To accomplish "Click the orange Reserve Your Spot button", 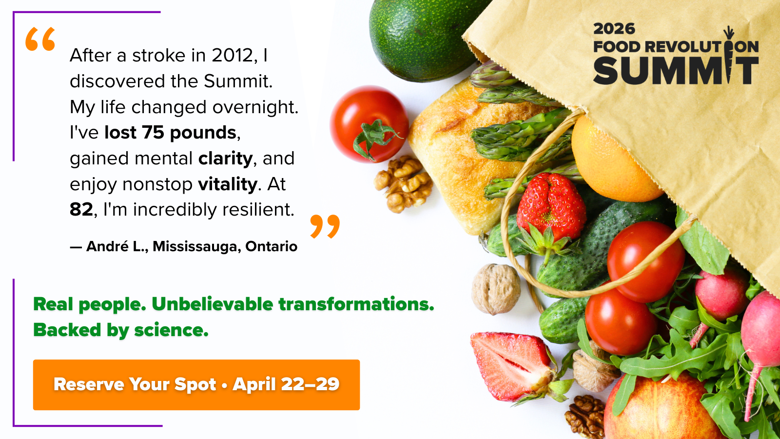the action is pyautogui.click(x=196, y=385).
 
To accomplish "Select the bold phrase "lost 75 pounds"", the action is pyautogui.click(x=170, y=133).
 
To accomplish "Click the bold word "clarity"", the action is pyautogui.click(x=225, y=159).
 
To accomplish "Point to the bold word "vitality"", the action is pyautogui.click(x=228, y=184).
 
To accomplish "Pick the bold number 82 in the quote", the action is pyautogui.click(x=81, y=210).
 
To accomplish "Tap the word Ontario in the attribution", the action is pyautogui.click(x=271, y=246).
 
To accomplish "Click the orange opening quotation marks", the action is pyautogui.click(x=40, y=39).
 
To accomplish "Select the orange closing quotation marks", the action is pyautogui.click(x=325, y=226).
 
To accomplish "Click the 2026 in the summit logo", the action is pyautogui.click(x=614, y=29).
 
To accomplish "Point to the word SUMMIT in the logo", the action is pyautogui.click(x=676, y=71).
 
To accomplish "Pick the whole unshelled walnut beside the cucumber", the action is pyautogui.click(x=496, y=289).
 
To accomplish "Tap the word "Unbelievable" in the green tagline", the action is pyautogui.click(x=213, y=304).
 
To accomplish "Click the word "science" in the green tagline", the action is pyautogui.click(x=171, y=330).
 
